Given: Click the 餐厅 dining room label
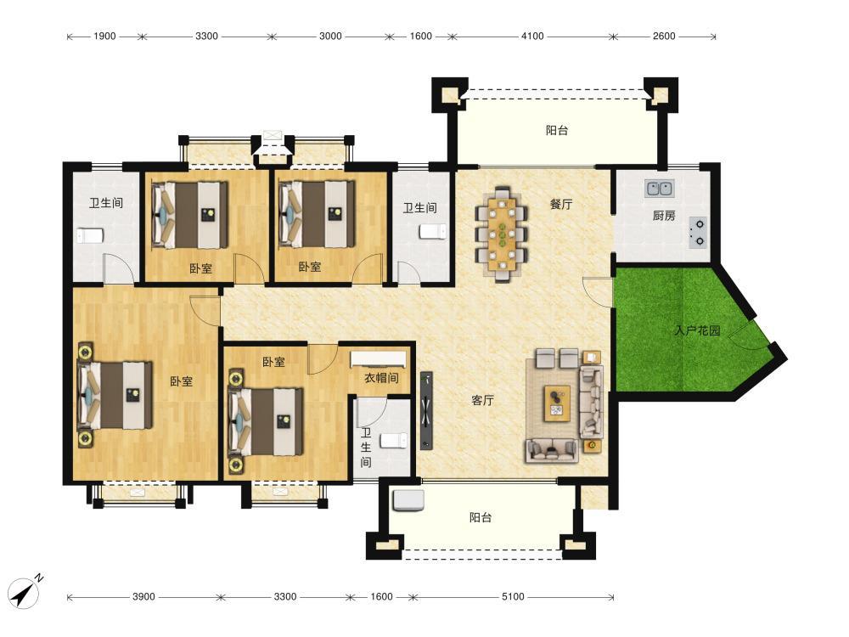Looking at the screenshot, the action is pyautogui.click(x=561, y=204).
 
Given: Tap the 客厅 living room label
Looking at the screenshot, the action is pyautogui.click(x=482, y=400).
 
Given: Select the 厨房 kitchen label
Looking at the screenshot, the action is pyautogui.click(x=664, y=216).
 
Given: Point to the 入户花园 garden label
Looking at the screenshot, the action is pyautogui.click(x=697, y=330).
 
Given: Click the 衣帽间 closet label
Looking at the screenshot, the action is pyautogui.click(x=381, y=378).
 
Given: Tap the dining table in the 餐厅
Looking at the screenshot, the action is pyautogui.click(x=503, y=234).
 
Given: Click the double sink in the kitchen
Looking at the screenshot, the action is pyautogui.click(x=660, y=189).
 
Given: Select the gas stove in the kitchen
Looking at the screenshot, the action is pyautogui.click(x=698, y=233).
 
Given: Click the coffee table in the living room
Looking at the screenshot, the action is pyautogui.click(x=557, y=403).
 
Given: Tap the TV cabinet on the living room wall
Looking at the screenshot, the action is pyautogui.click(x=427, y=410).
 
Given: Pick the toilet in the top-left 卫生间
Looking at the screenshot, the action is pyautogui.click(x=89, y=236).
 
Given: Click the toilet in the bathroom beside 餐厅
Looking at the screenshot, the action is pyautogui.click(x=433, y=232).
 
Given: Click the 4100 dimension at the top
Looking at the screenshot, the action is pyautogui.click(x=532, y=37).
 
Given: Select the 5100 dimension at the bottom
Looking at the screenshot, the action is pyautogui.click(x=513, y=597).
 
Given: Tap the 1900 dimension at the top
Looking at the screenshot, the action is pyautogui.click(x=104, y=37).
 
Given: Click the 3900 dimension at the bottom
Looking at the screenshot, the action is pyautogui.click(x=143, y=597).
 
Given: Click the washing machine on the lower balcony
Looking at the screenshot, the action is pyautogui.click(x=409, y=500).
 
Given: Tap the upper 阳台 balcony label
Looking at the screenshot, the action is pyautogui.click(x=557, y=131).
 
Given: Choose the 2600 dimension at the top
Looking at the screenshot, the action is pyautogui.click(x=664, y=37).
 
